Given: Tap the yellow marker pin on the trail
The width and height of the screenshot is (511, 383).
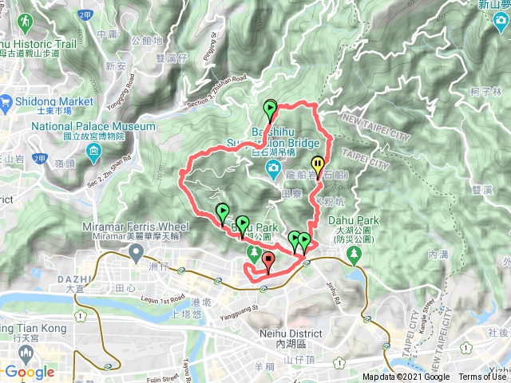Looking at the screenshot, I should point(318,166).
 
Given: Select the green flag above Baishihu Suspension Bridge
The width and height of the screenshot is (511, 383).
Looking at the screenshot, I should point(270,109).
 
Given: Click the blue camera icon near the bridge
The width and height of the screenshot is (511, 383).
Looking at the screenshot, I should point(272,168).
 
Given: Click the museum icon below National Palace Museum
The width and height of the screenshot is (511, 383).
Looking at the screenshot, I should point(94,152).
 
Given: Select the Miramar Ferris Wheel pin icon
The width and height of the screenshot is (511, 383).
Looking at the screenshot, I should point(137,253).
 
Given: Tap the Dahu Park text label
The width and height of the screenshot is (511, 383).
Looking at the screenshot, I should point(356,220).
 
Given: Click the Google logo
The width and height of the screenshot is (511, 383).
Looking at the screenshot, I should point(29,372).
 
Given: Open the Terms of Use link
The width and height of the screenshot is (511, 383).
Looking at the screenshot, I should point(483,377).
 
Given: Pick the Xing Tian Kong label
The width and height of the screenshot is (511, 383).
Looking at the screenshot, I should point(30,329).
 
